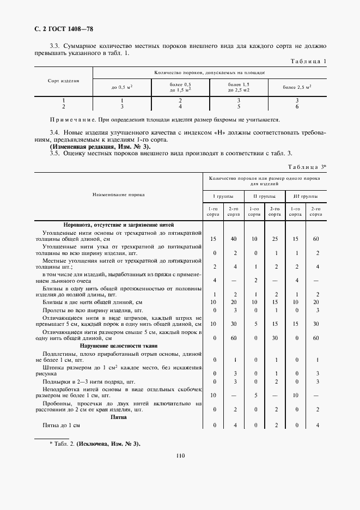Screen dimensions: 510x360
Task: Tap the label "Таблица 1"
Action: point(308,62)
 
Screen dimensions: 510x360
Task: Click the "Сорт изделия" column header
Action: point(63,81)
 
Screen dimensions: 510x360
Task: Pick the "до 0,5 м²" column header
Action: point(122,87)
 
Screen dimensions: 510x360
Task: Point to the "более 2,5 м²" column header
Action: point(297,87)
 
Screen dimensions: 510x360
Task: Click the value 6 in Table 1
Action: point(297,106)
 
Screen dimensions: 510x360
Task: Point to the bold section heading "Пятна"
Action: point(118,417)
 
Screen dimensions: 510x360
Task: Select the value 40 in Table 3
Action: point(234,239)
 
